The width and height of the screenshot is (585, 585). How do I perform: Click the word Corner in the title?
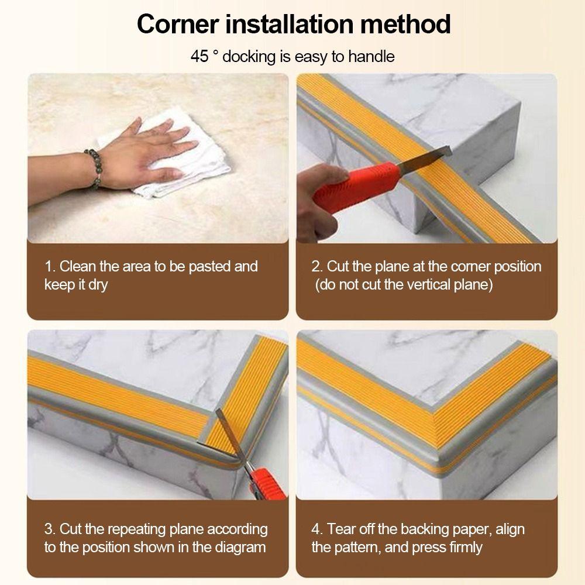coord(178,24)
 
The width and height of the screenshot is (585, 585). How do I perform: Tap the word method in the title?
coord(405,24)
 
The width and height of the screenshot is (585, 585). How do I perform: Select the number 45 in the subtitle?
coord(199,56)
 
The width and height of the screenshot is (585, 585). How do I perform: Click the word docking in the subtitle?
coord(249,57)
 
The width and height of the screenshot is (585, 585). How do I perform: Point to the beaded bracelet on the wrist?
coord(94,168)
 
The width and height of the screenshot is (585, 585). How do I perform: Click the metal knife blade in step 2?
coord(425,156)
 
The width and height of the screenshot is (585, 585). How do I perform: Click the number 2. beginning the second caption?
coord(317,267)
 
